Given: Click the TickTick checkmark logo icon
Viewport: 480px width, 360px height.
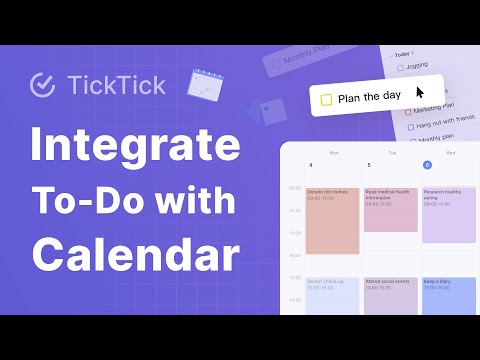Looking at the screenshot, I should [42, 85].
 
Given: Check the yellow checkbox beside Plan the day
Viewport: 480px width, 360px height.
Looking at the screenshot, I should [325, 98].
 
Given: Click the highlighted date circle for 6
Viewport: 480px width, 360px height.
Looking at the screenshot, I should [427, 165].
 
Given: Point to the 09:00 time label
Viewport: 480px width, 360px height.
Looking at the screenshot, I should [293, 187].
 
